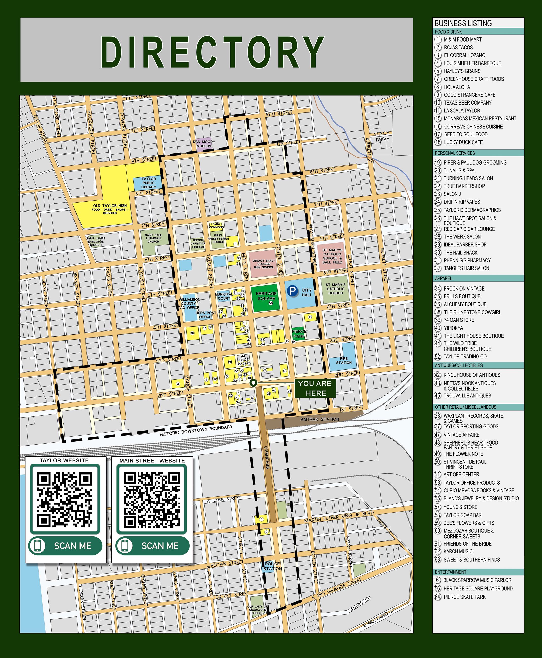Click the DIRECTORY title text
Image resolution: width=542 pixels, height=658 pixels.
(x=212, y=52)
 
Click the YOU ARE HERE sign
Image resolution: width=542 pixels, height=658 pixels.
(x=315, y=388)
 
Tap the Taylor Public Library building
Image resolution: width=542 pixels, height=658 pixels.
(x=148, y=183)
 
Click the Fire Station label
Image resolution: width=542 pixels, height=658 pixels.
(x=344, y=361)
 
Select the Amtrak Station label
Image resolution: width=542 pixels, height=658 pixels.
(x=320, y=419)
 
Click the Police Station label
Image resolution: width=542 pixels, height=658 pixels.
(x=272, y=566)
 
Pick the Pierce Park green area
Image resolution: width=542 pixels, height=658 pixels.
(x=299, y=333)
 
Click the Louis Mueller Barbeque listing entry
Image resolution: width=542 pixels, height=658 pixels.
(x=472, y=63)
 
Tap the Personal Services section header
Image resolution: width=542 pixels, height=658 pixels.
(x=455, y=153)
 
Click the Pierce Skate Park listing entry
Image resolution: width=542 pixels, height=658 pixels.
(x=465, y=597)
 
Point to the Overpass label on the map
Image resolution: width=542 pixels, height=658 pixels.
(x=267, y=458)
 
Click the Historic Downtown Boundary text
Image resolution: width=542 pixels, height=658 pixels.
(x=196, y=430)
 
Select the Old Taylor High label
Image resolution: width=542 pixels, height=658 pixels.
(x=110, y=208)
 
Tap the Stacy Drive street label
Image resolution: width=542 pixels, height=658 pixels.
(x=382, y=136)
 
